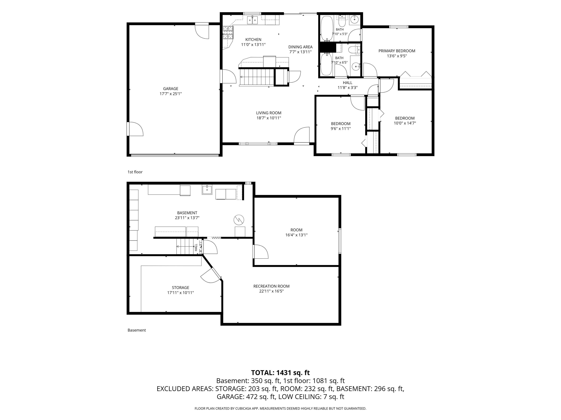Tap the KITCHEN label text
click(253, 40)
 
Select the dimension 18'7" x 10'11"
click(269, 118)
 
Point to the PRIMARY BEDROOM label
click(397, 51)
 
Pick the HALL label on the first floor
click(348, 83)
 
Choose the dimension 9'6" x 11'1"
click(341, 129)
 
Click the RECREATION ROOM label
click(271, 286)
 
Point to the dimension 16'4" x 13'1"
click(296, 235)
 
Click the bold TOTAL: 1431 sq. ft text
click(280, 373)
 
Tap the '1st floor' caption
click(135, 172)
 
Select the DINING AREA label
click(300, 47)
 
